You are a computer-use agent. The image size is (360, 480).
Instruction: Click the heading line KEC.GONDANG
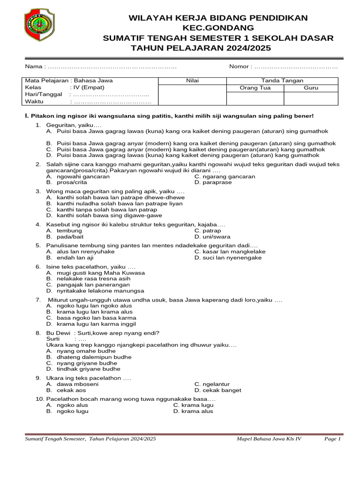coord(218,28)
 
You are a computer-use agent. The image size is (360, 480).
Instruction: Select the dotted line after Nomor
coord(295,67)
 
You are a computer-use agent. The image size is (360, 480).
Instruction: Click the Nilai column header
coord(193,81)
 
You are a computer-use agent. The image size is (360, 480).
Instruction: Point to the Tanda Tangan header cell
coord(282,81)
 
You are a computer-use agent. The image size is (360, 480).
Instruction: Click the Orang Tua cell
coord(255,88)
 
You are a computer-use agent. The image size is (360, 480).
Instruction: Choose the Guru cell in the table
coord(311,88)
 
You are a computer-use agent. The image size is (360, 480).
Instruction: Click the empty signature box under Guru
coord(311,98)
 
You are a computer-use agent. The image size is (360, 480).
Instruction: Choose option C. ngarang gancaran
coord(225,177)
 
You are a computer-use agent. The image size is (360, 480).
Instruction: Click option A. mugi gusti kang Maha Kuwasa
coord(96,272)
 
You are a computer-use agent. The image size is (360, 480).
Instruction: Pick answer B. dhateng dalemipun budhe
coord(89,357)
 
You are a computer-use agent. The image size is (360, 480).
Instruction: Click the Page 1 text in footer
coord(332,439)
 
